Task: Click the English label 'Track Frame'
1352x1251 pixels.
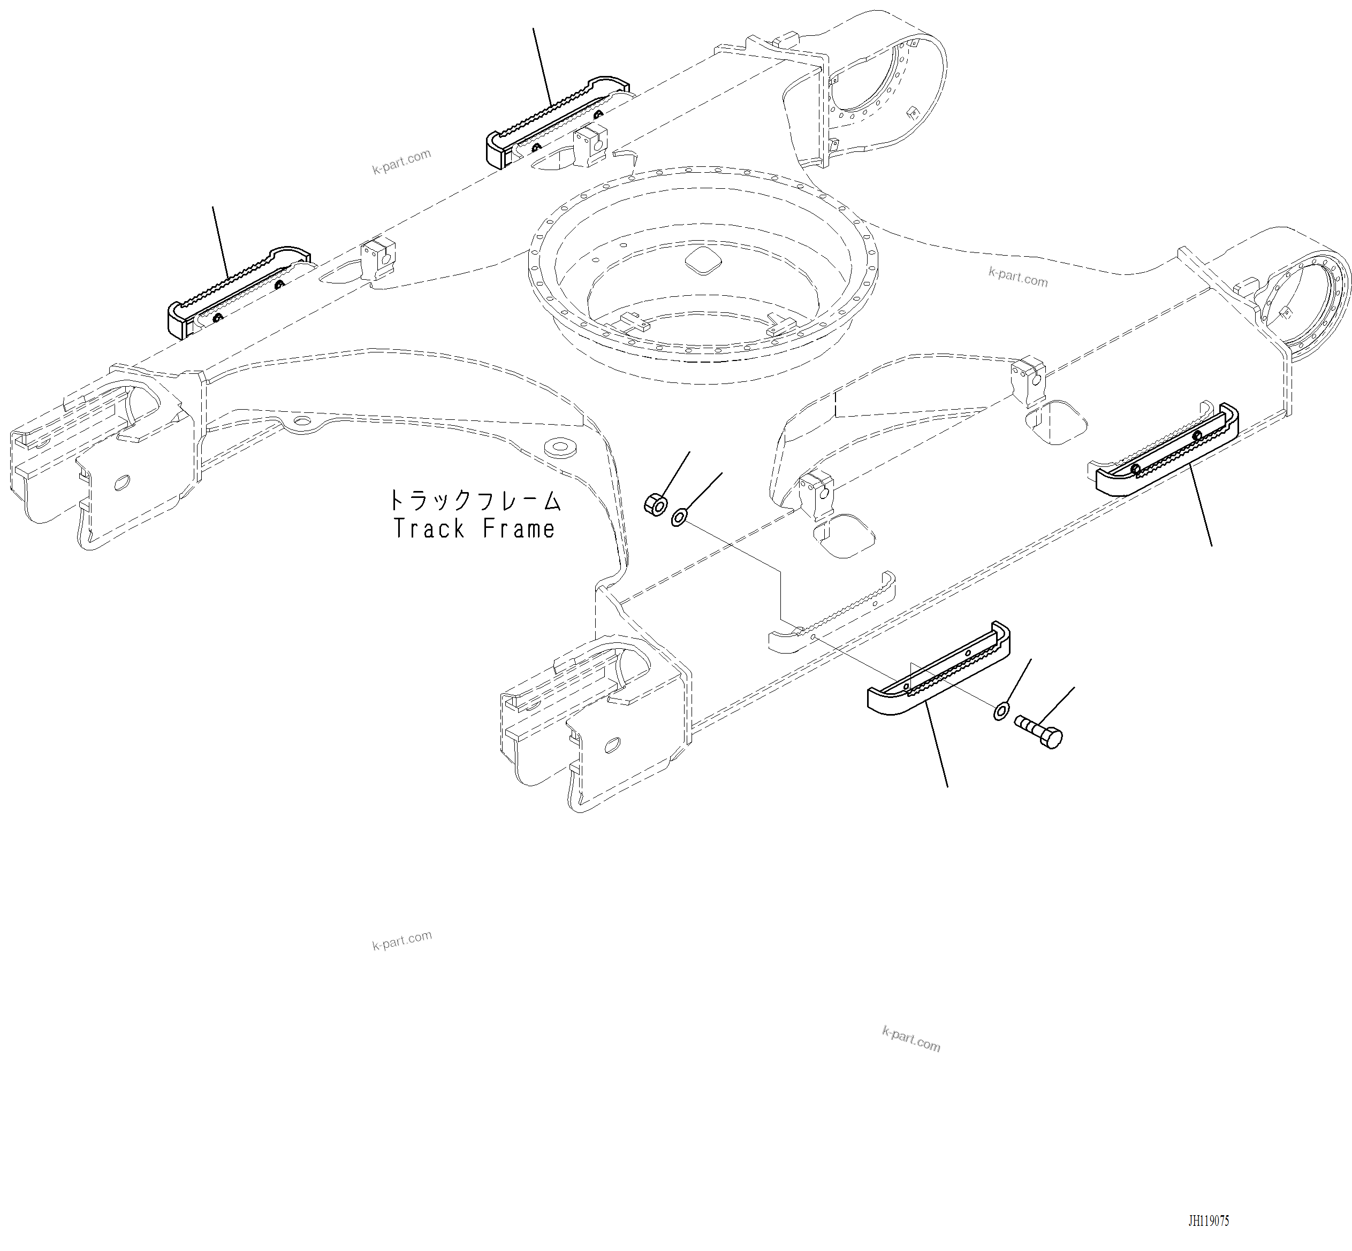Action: [474, 529]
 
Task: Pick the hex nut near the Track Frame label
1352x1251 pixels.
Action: [655, 504]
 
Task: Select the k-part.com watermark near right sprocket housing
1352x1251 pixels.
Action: [1017, 277]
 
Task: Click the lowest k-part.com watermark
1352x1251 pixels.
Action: [910, 1039]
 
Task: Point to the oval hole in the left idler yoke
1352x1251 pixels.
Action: [122, 482]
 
